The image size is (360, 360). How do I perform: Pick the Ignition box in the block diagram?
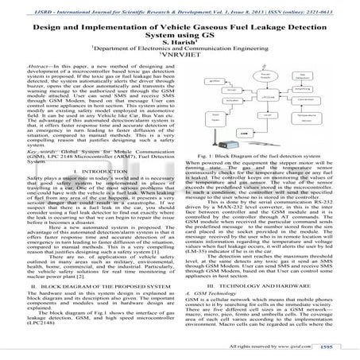pos(215,80)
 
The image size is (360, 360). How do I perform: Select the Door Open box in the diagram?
pos(215,118)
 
